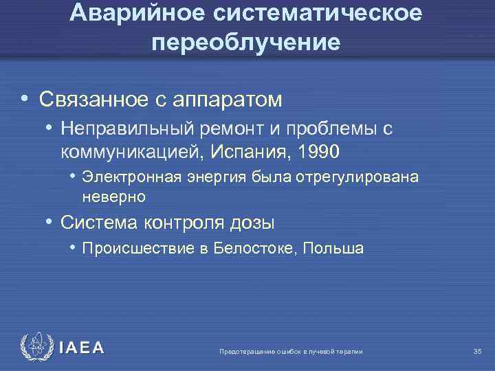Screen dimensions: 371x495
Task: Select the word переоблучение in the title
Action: (247, 43)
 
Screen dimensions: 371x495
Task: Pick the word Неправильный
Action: (128, 128)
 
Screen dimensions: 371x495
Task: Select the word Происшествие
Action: (137, 249)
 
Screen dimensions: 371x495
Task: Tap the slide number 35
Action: (478, 352)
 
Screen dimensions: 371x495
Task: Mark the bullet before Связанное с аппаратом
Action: (24, 100)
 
